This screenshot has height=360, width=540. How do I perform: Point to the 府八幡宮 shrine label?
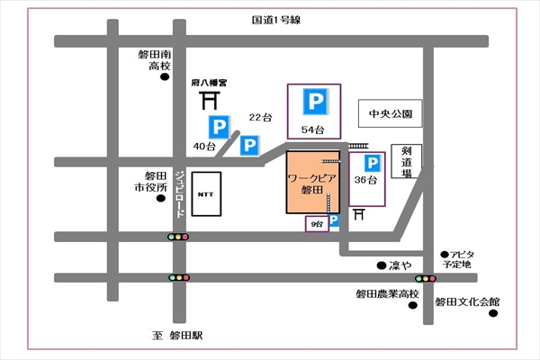(209, 82)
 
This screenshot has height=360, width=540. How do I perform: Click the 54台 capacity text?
(312, 130)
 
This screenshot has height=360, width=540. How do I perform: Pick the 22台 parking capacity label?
(259, 118)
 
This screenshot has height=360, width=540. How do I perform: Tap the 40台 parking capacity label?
(203, 145)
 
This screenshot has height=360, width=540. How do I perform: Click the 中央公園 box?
(390, 114)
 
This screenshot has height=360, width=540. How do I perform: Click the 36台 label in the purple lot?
(366, 181)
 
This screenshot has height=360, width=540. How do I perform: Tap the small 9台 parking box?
(316, 222)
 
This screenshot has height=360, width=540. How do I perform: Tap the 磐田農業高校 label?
(388, 294)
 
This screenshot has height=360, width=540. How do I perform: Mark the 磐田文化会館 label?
(465, 302)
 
